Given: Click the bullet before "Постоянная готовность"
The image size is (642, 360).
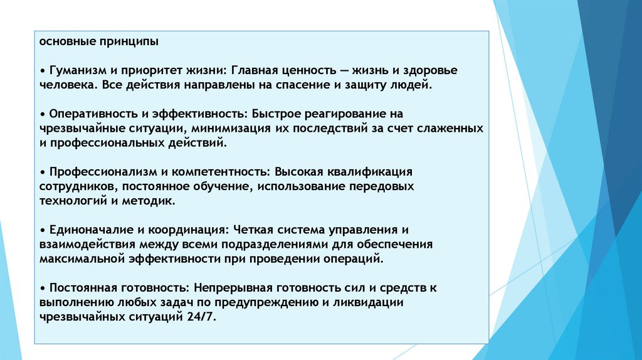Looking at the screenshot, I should coord(41,288).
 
